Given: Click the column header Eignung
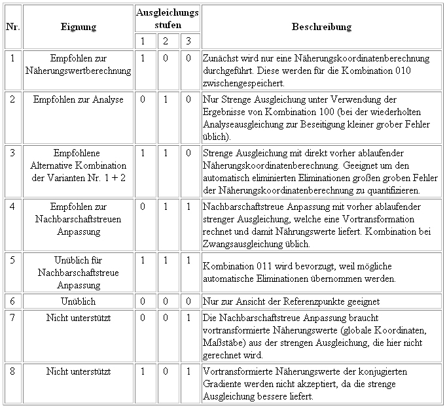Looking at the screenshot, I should click(x=79, y=27).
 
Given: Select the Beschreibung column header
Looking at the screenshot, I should click(x=321, y=27).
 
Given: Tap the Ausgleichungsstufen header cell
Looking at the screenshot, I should click(x=168, y=18).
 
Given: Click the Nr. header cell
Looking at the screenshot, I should click(x=12, y=27).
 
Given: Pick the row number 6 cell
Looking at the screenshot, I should click(x=12, y=302).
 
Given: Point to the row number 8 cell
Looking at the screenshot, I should click(x=12, y=371).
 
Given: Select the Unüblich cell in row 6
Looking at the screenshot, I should click(x=79, y=302).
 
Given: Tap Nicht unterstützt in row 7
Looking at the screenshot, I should click(x=79, y=318).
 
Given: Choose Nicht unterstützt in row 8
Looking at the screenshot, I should click(x=79, y=371).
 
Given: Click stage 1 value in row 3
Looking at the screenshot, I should click(x=143, y=152).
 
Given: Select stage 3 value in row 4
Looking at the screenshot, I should click(x=188, y=206).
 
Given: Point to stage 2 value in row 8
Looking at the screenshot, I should click(x=166, y=371).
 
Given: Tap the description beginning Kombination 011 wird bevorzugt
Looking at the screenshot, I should click(x=299, y=273).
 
